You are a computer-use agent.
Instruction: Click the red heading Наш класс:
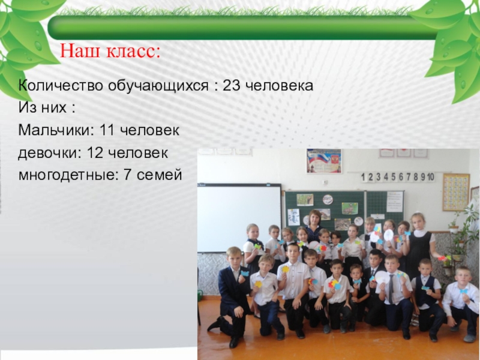click(x=110, y=51)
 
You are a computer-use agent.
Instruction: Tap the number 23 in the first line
click(x=232, y=86)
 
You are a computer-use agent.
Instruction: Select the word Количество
click(x=61, y=86)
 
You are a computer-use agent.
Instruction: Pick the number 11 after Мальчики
click(x=107, y=130)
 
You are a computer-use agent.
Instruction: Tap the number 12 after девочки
click(x=95, y=153)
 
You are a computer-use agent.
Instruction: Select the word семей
click(x=160, y=175)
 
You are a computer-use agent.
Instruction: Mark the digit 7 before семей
click(x=128, y=175)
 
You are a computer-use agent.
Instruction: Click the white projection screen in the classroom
click(x=239, y=218)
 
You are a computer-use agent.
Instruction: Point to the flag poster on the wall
click(x=324, y=161)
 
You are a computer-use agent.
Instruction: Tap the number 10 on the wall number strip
click(x=431, y=177)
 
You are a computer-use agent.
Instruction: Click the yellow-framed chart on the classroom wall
click(x=456, y=193)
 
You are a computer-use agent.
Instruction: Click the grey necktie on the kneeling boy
click(x=391, y=289)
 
